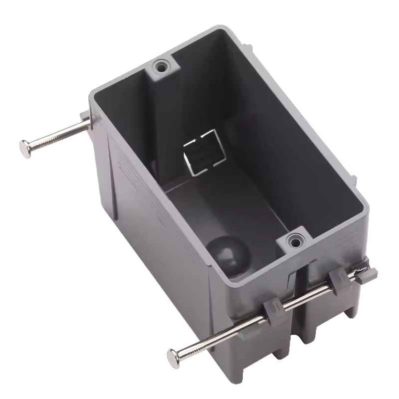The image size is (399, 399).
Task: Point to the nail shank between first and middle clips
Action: click(307, 297)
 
